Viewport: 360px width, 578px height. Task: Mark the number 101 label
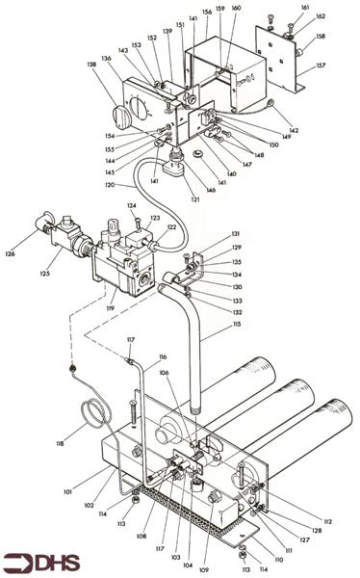point(67,491)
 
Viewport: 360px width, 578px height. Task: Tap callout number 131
point(235,234)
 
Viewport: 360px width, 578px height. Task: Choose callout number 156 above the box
point(205,13)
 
